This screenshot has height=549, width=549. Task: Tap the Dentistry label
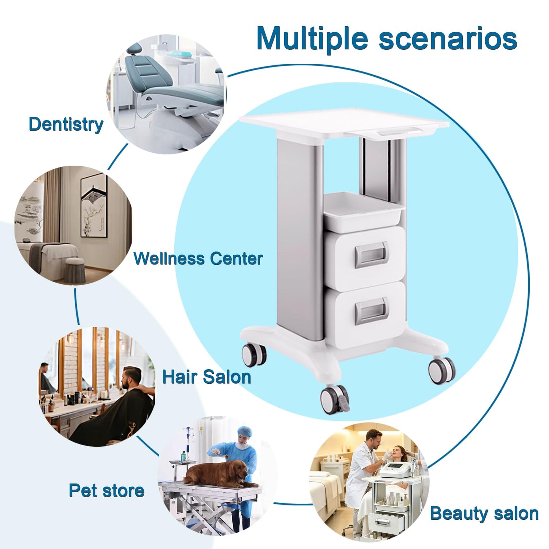point(66,125)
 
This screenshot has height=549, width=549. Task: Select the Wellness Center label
point(198,259)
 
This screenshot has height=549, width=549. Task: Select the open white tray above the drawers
point(364,212)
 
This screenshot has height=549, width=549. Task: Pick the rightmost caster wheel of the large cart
point(441,370)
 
